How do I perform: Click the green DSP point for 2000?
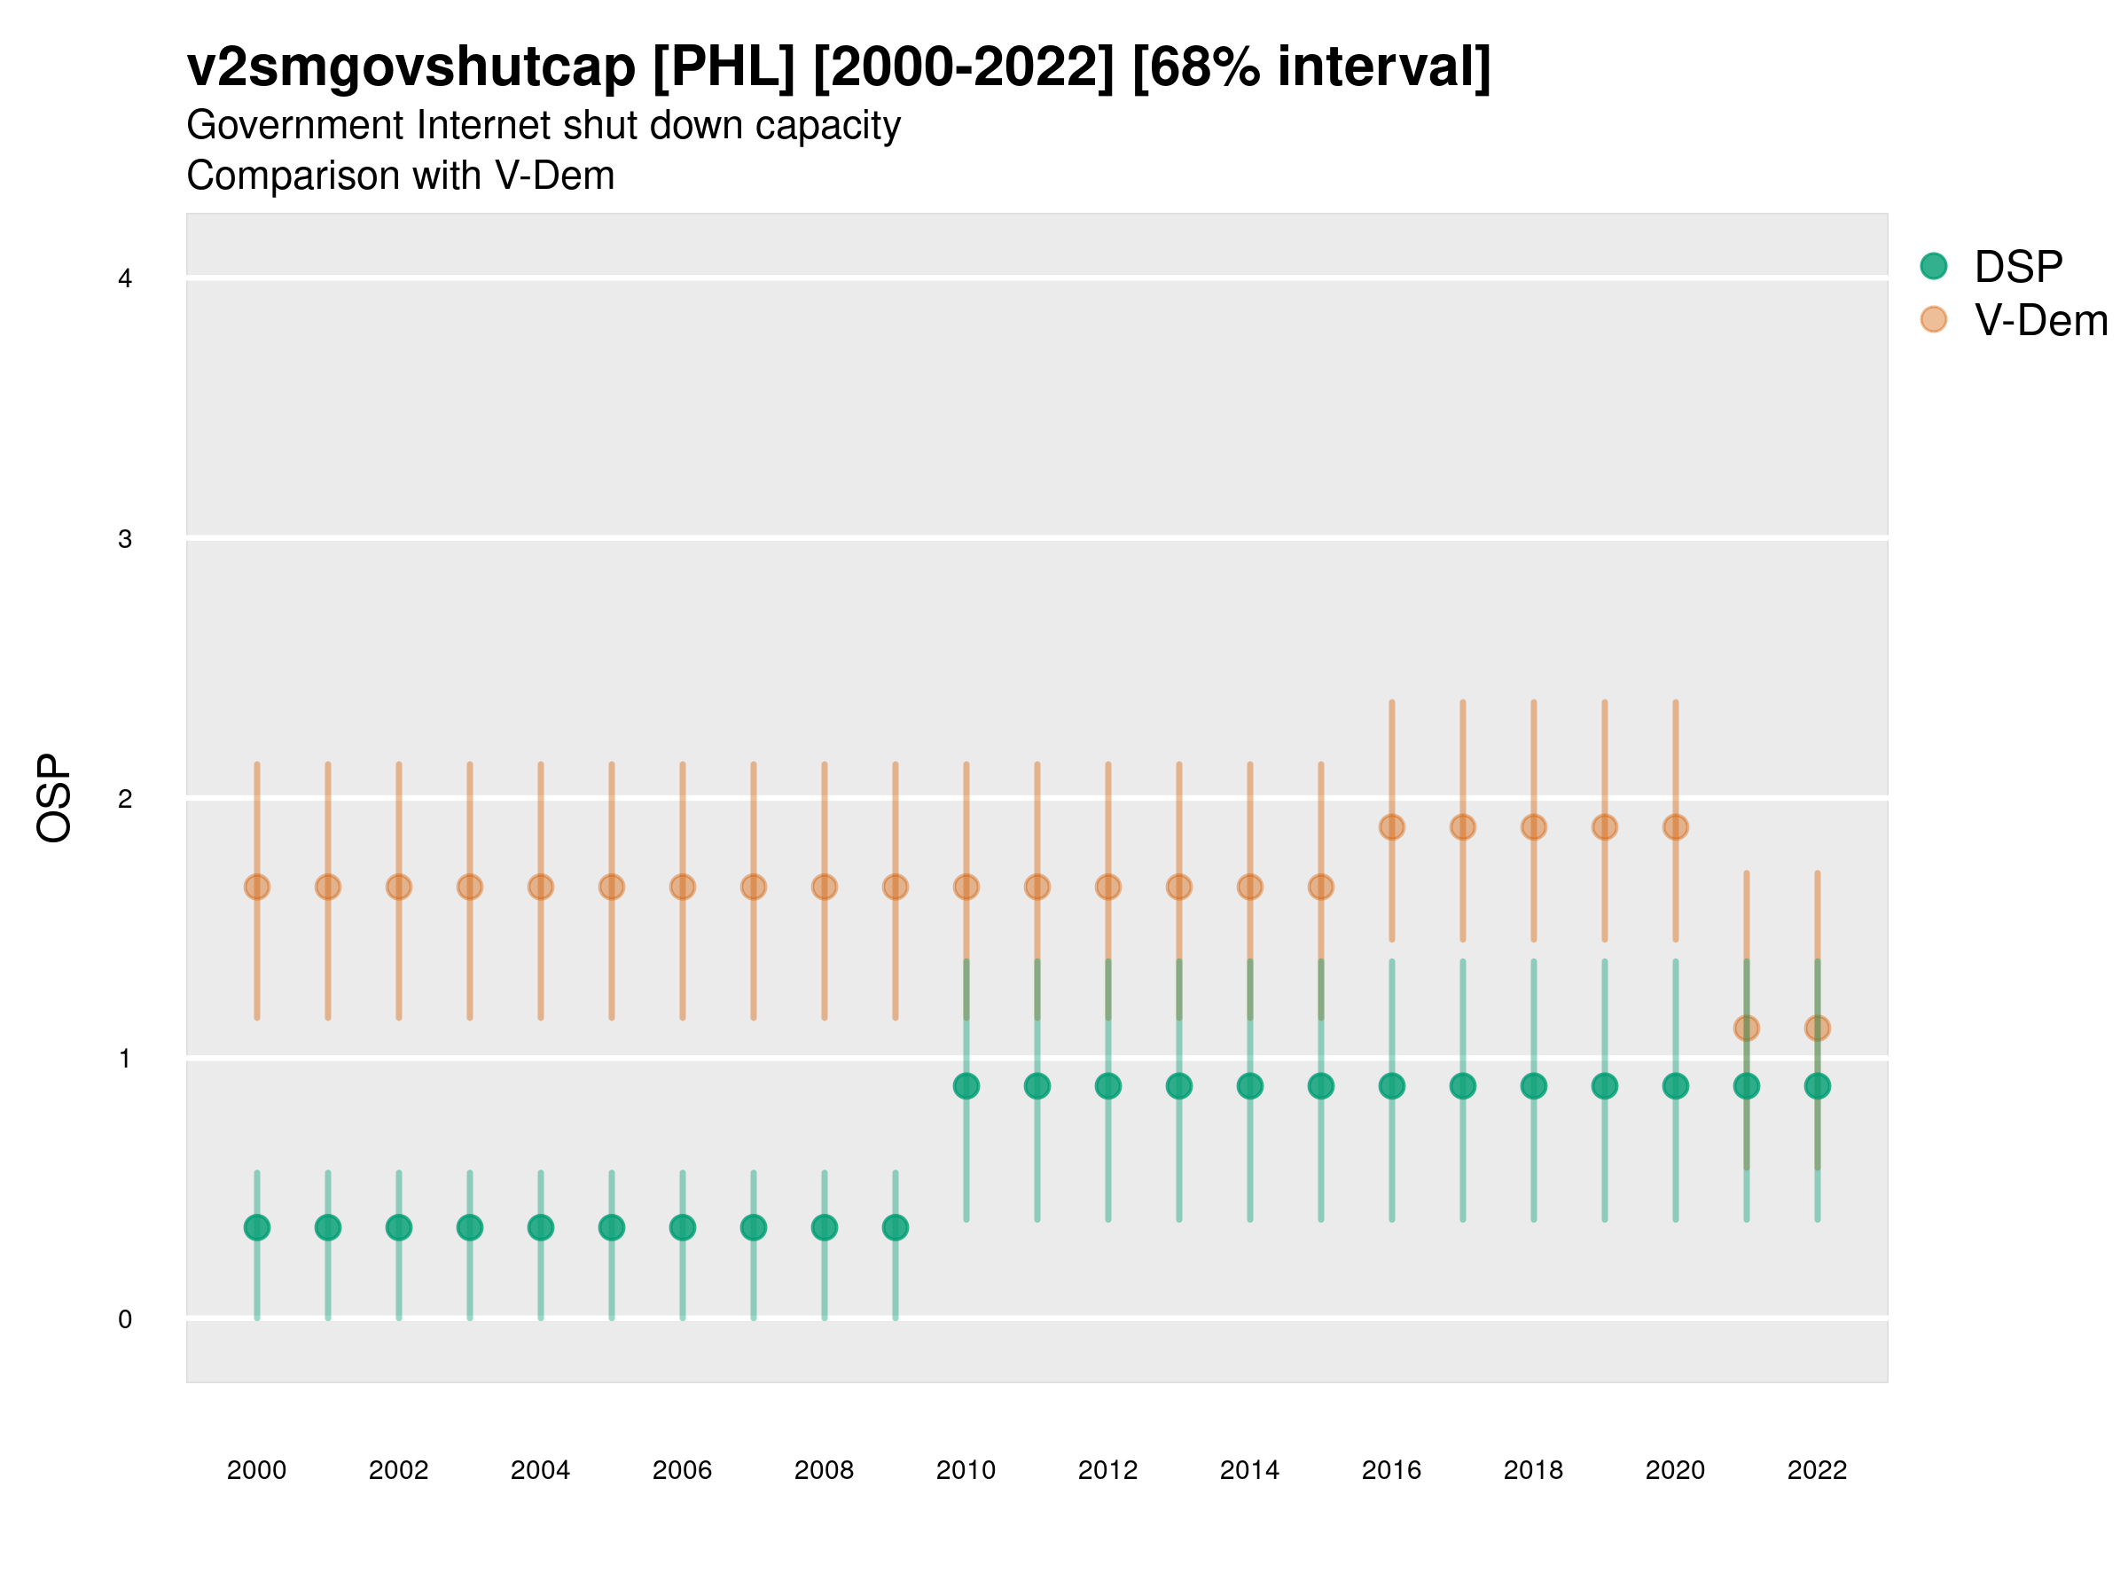pos(257,1227)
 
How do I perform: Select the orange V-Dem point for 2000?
pos(257,887)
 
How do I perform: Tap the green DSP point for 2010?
pos(966,1086)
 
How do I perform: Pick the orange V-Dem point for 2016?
pos(1391,827)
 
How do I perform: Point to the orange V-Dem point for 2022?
pos(1818,1029)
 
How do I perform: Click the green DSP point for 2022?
pos(1818,1086)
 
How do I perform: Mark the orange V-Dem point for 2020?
pos(1675,827)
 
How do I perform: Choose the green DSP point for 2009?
pos(895,1227)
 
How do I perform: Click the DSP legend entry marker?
pos(1933,265)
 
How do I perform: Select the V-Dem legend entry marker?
pos(1933,319)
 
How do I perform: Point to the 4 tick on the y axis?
pos(125,279)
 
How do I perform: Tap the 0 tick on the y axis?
pos(125,1319)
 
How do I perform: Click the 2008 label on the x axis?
pos(824,1470)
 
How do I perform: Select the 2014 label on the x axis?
pos(1248,1470)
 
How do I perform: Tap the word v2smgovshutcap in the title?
pos(411,67)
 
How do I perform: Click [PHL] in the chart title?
pos(724,67)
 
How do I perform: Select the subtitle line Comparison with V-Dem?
pos(400,176)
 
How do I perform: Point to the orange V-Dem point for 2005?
pos(611,887)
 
